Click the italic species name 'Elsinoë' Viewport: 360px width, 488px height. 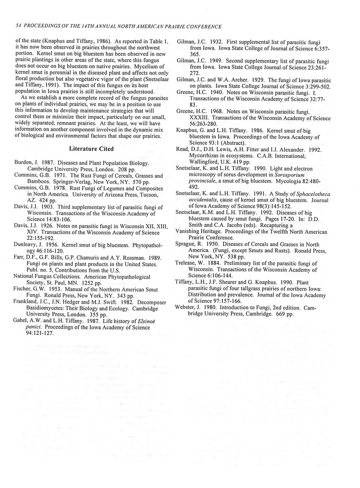139,321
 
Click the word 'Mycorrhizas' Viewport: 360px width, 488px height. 205,156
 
